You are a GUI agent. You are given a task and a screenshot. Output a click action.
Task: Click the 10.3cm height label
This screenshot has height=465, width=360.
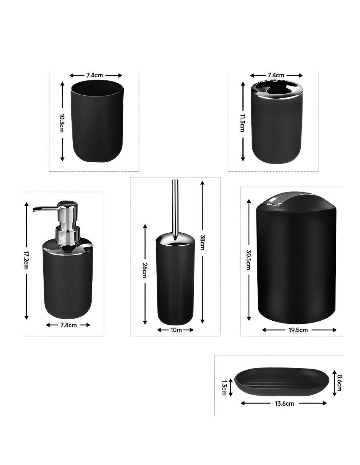coord(62,123)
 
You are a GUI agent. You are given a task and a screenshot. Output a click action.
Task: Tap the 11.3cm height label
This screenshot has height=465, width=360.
coord(242,123)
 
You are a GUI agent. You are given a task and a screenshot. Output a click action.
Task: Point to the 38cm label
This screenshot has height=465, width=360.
coord(202,242)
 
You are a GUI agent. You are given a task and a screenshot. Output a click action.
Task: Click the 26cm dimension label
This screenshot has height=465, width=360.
coord(145,270)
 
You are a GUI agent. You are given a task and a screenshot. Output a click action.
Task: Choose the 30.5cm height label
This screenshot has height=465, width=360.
coord(248,259)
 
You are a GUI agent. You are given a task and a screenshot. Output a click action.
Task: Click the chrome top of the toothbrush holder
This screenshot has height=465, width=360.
coord(277,90)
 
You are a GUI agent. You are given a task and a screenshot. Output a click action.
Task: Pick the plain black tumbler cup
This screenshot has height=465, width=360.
coord(97,121)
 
